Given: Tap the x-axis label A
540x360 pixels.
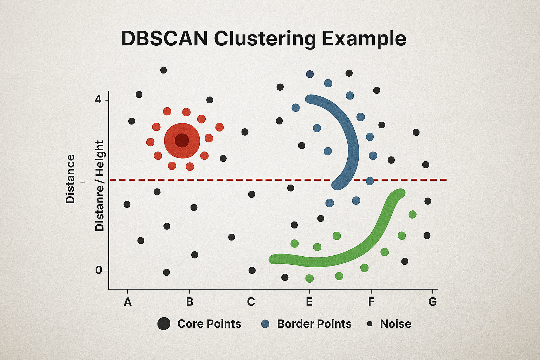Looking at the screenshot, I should [x=128, y=302].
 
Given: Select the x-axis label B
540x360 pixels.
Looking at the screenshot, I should [x=189, y=302].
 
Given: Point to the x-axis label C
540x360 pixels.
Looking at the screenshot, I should [x=251, y=302].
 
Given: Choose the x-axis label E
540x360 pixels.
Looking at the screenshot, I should [x=309, y=302].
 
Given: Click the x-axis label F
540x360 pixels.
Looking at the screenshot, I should [x=371, y=302].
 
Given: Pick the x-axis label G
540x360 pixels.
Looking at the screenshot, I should [x=432, y=302].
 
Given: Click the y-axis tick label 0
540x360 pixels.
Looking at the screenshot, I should [x=98, y=271].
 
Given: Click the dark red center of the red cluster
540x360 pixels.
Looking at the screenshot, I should [x=182, y=140].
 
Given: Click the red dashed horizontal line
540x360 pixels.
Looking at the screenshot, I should [x=218, y=180].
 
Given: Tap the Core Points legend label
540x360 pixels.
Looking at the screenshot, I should [x=209, y=324].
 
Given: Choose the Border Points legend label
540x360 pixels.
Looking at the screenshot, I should [x=314, y=324].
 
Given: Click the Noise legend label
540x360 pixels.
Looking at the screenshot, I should [x=396, y=324].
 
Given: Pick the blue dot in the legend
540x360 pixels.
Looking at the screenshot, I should [x=265, y=324].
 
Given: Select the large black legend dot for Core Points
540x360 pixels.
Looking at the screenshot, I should [x=164, y=323].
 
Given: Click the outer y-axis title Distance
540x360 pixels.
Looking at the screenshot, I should [x=71, y=179].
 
